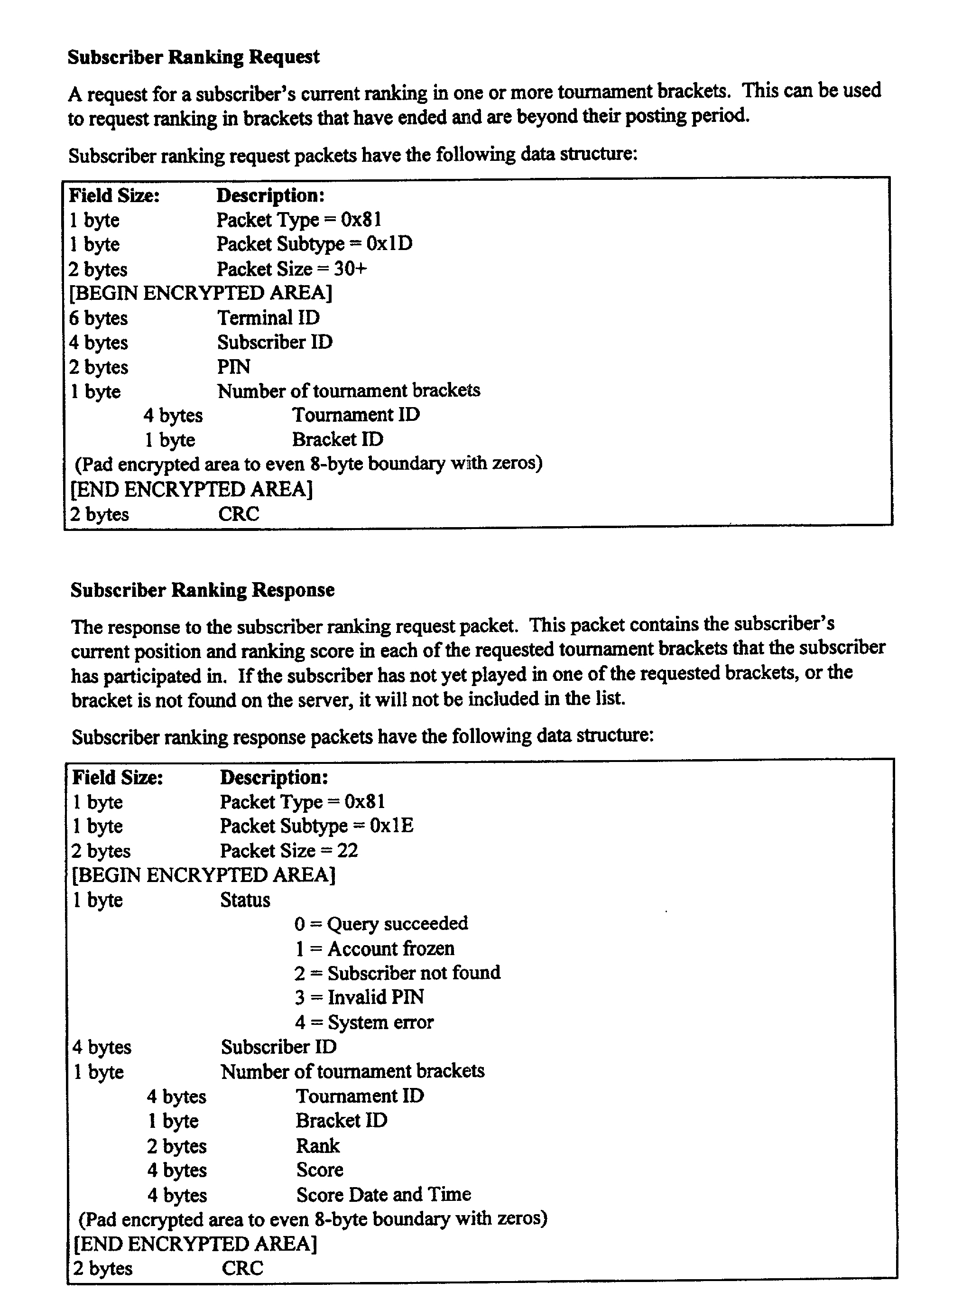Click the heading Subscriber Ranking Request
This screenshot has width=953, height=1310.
pos(193,57)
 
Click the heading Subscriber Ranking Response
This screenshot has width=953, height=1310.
pos(202,590)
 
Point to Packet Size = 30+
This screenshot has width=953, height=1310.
pos(292,269)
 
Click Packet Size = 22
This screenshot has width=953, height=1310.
pos(289,851)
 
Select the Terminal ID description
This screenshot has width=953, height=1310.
pos(268,318)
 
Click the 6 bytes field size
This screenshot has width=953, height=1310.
pos(98,318)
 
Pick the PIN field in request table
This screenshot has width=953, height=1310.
pos(233,367)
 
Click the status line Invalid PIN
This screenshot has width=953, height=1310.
pos(359,997)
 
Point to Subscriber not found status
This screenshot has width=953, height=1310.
pos(398,973)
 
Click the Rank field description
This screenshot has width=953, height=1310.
pos(318,1145)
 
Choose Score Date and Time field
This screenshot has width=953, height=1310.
pos(383,1194)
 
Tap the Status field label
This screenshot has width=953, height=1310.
pos(245,900)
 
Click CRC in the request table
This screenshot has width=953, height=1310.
pos(239,513)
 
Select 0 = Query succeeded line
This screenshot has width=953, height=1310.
pos(381,924)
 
